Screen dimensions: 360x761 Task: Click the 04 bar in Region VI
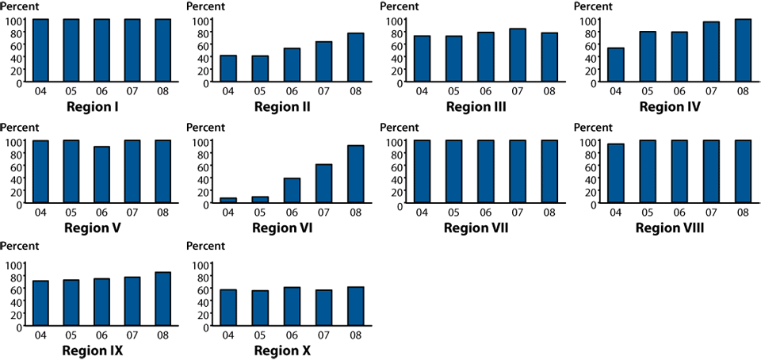click(x=228, y=201)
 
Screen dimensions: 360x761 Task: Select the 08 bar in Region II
click(x=355, y=57)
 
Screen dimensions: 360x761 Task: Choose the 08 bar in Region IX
click(x=163, y=298)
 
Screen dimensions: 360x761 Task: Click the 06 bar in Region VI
click(x=292, y=190)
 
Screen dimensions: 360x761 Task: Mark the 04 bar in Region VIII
click(x=616, y=174)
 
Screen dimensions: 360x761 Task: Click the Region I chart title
click(x=93, y=106)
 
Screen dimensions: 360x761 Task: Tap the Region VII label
click(x=476, y=228)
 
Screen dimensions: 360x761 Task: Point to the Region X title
click(x=282, y=350)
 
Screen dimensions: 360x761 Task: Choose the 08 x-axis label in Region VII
click(x=549, y=213)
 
